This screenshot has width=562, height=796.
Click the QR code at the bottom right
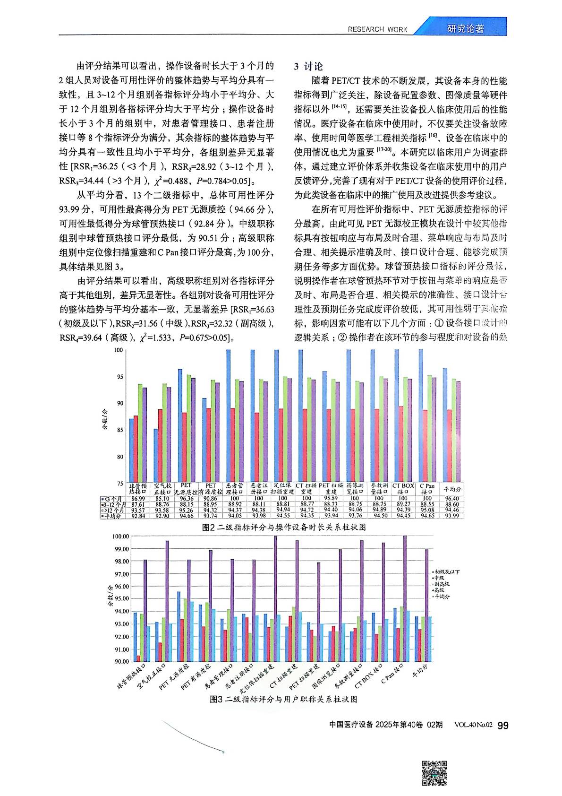(x=434, y=773)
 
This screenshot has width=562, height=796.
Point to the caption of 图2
(x=283, y=527)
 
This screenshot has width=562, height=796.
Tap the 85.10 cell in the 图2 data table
(x=163, y=498)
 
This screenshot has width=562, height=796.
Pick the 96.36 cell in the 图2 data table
(x=186, y=498)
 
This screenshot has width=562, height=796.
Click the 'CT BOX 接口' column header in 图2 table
(x=403, y=489)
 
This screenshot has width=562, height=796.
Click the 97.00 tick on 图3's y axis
(x=121, y=574)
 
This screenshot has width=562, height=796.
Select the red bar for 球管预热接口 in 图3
(x=138, y=658)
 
